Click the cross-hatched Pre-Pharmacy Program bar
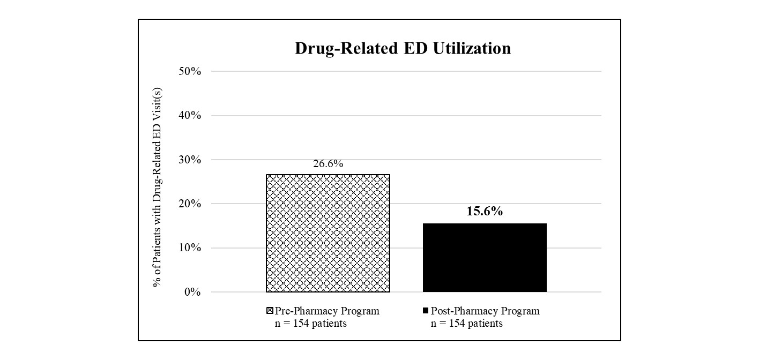pos(328,233)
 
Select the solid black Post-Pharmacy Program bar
pos(485,258)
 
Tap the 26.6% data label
pos(328,164)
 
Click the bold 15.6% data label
pos(485,211)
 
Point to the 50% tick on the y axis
pos(190,71)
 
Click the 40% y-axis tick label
pos(190,116)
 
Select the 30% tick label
pos(190,160)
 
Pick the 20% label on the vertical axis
pos(190,204)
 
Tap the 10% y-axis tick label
pos(190,248)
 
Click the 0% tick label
pos(192,292)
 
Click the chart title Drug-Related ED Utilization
pos(403,48)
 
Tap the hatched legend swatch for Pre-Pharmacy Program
pos(270,311)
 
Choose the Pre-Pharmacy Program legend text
pos(327,311)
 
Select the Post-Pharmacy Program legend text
pos(485,311)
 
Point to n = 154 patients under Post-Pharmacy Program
pos(467,324)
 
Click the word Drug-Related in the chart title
pos(339,48)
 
